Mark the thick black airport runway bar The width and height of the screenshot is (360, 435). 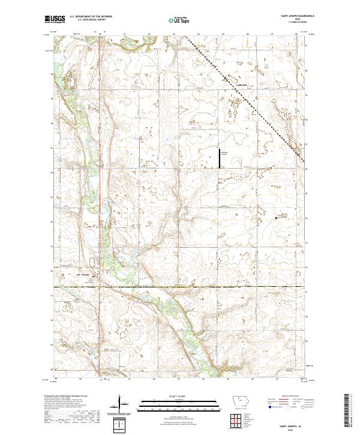[218, 158]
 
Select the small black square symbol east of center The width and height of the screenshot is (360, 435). [276, 218]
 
